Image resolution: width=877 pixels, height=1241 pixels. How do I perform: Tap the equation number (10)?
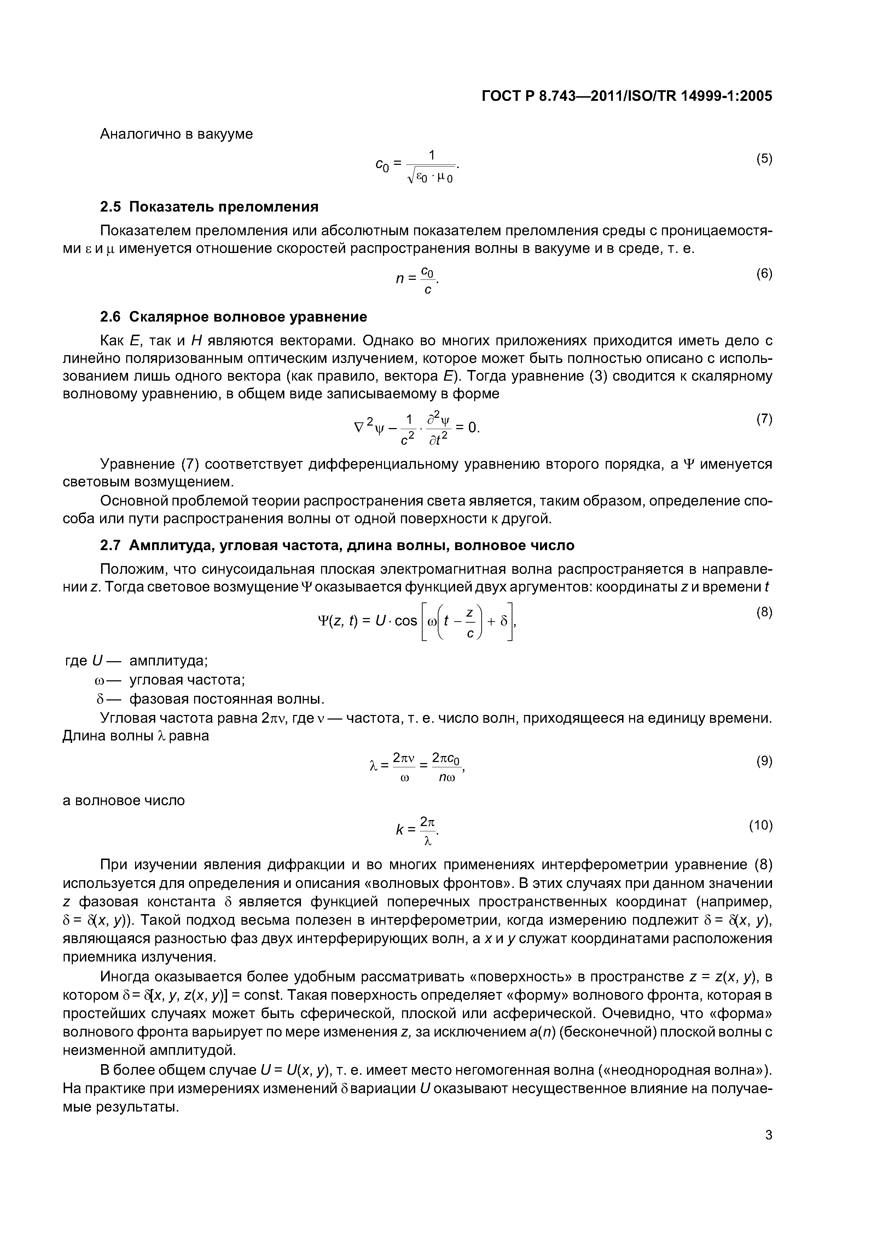[761, 825]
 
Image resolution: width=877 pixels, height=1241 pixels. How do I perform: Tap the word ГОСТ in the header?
[501, 96]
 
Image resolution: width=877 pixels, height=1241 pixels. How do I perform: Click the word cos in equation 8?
[406, 621]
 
